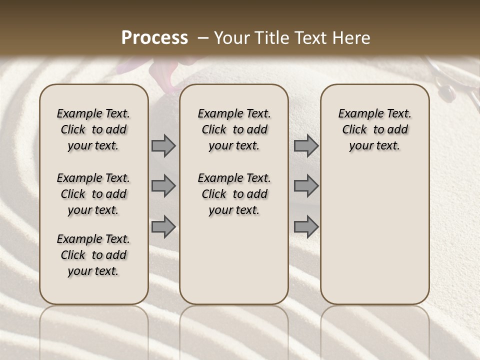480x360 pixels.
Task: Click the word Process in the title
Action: pos(154,37)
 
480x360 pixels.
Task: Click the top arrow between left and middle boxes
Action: pos(163,146)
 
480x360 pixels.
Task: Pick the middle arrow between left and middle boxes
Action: pos(163,186)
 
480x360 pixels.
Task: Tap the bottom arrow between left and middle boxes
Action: pos(163,226)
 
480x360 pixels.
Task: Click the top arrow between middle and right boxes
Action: pos(306,146)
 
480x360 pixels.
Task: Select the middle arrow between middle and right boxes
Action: pos(306,186)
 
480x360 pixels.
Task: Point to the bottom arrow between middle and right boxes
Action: pos(306,226)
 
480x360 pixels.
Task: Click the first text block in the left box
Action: pos(93,129)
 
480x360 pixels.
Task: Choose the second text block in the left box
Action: pos(93,194)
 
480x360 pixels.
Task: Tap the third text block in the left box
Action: pos(93,255)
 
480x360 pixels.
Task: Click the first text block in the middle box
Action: pos(234,129)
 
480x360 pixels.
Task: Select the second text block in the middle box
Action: pos(234,194)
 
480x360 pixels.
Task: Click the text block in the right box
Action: pos(375,129)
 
